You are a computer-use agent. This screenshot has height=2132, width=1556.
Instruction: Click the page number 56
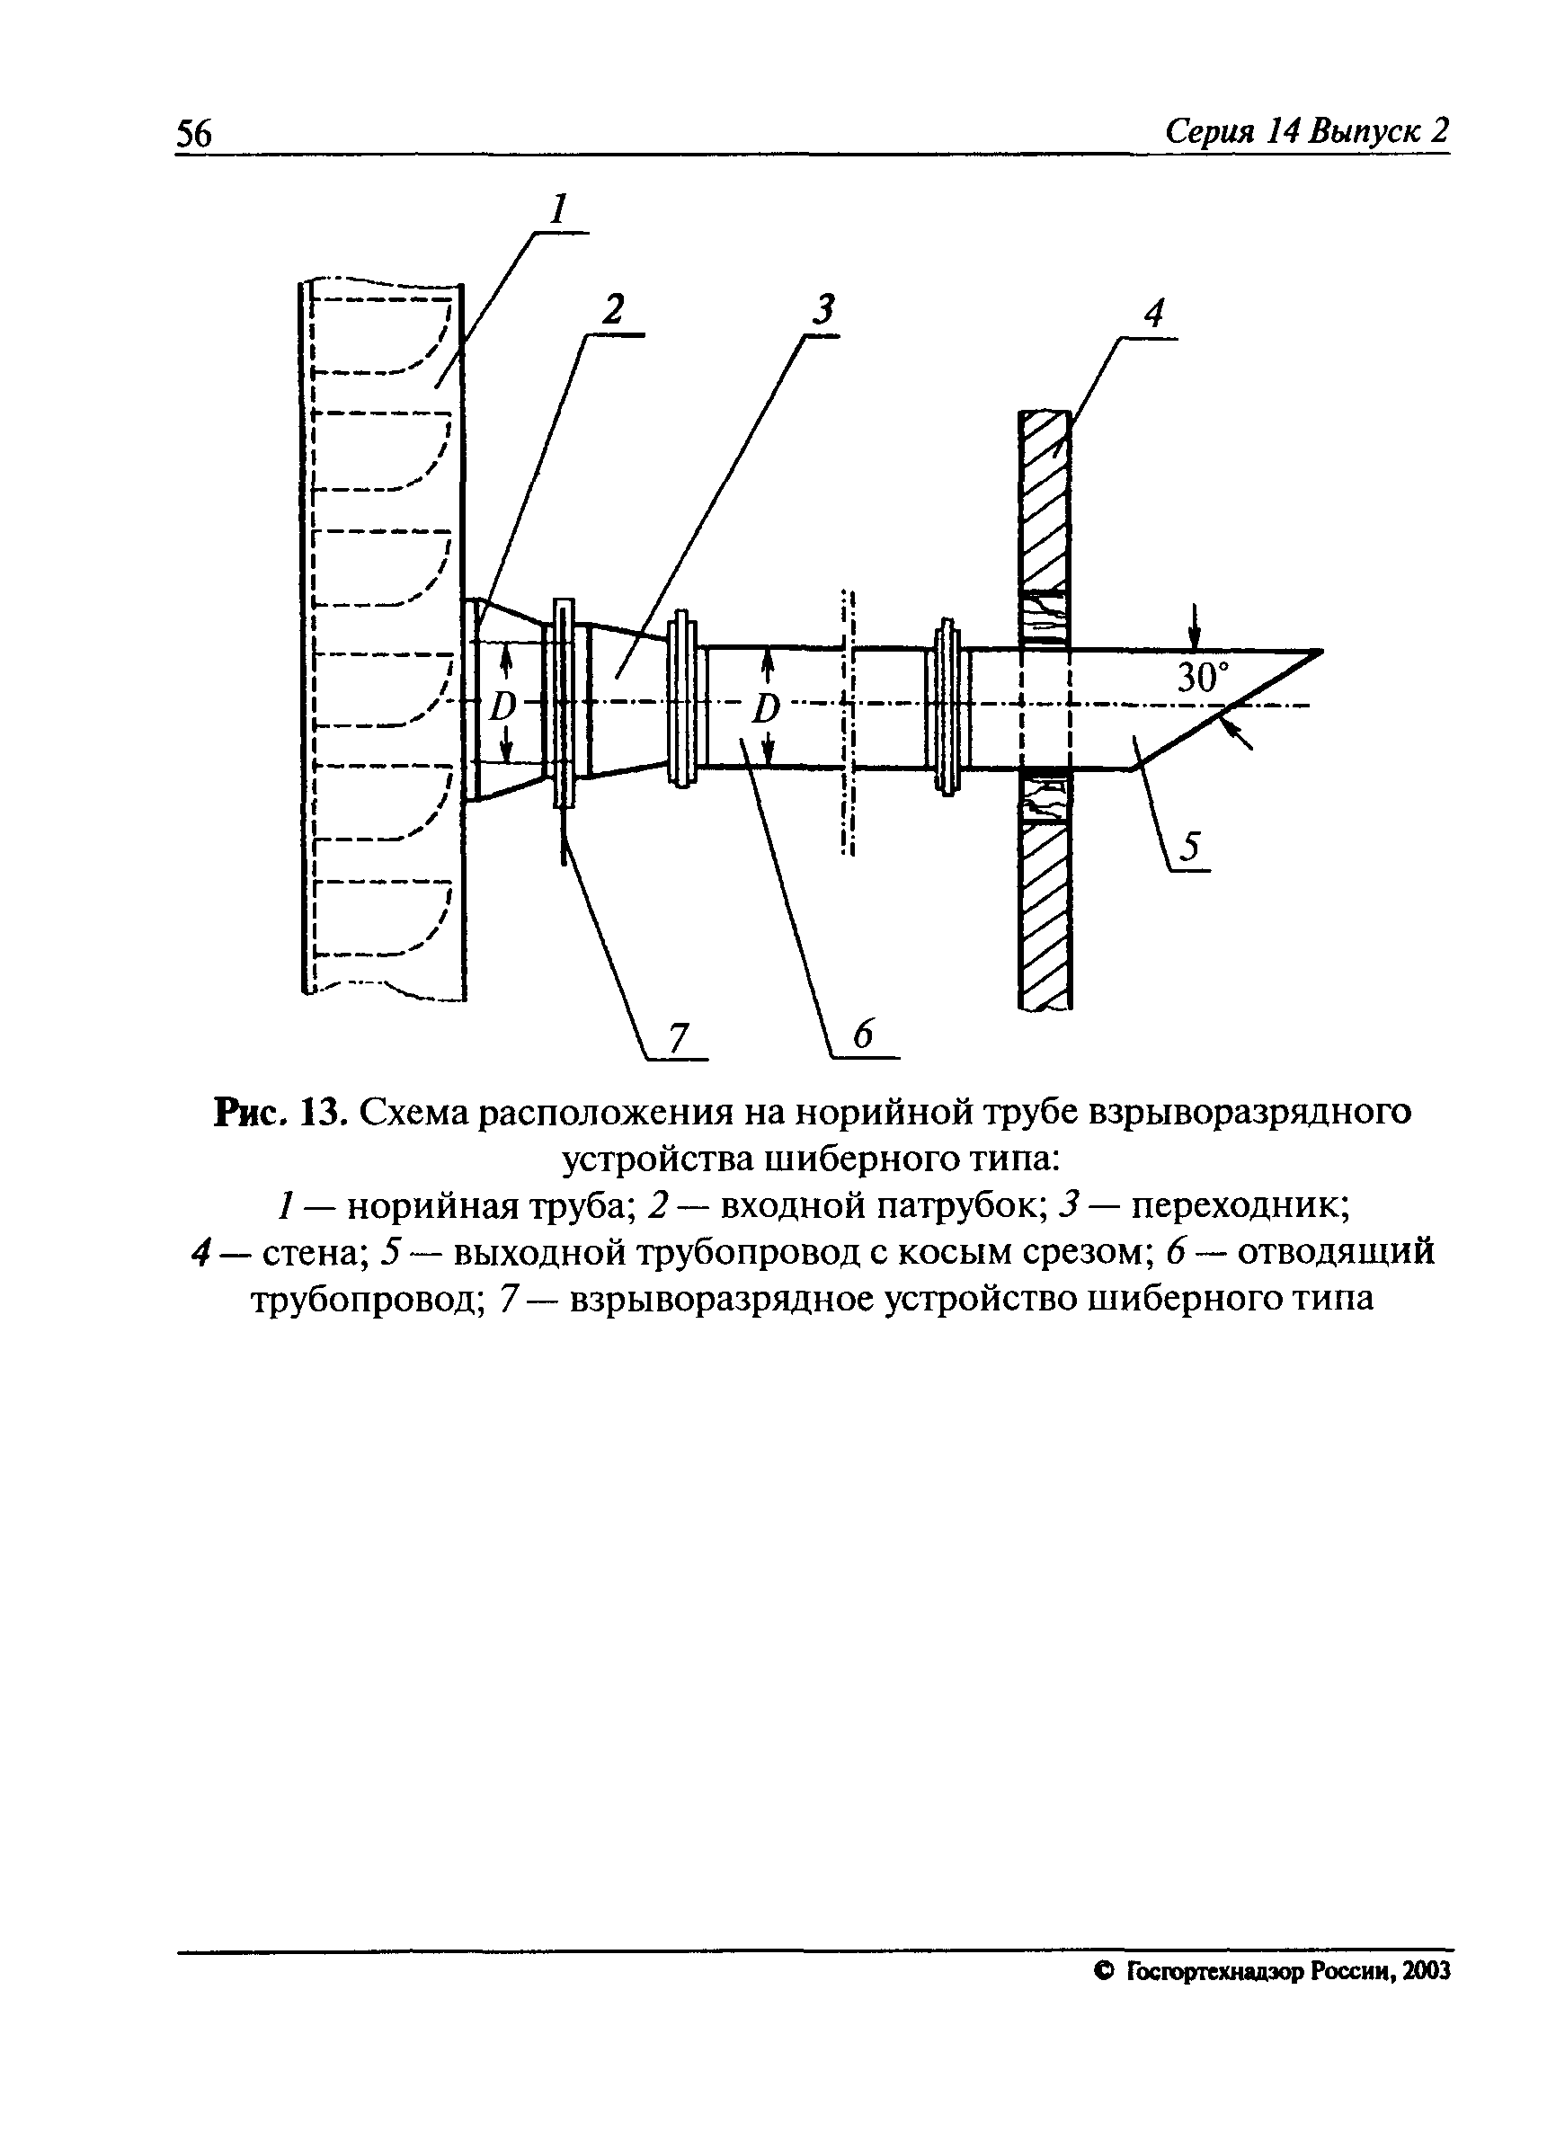195,134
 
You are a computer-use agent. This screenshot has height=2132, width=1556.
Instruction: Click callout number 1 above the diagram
559,209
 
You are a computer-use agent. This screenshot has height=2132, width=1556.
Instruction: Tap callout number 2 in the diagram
614,310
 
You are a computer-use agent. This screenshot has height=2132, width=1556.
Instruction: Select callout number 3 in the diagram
824,310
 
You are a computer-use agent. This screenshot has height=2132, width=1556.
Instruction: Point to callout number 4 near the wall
1154,314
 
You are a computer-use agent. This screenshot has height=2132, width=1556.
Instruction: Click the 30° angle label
1204,678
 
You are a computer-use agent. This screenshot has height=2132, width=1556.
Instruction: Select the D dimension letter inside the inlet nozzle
505,705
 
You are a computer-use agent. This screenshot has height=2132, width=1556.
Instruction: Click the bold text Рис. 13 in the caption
283,1112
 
